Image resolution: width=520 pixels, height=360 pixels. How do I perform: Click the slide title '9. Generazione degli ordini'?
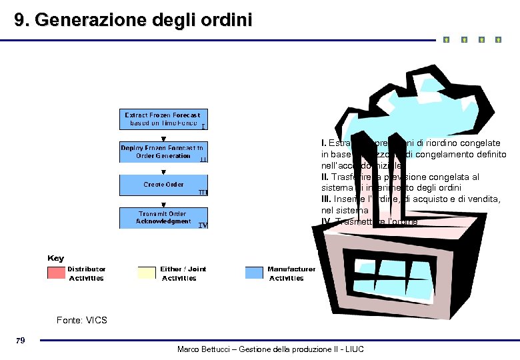[134, 20]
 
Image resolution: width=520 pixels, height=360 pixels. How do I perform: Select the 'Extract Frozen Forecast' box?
[163, 119]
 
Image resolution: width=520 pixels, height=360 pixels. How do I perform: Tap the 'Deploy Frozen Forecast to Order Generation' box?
[163, 152]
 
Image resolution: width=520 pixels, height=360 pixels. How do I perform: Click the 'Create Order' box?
[163, 185]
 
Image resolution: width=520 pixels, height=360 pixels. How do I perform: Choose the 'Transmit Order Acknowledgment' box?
[163, 218]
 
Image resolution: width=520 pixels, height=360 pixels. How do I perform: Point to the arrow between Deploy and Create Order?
[164, 169]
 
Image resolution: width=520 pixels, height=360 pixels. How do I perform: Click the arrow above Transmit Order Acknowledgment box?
[164, 203]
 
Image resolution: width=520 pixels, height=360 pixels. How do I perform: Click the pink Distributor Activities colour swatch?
[56, 273]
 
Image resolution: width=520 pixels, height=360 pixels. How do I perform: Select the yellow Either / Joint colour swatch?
[146, 273]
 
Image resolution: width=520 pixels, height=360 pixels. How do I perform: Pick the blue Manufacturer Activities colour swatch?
[254, 273]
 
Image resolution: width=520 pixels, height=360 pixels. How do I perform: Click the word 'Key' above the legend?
[56, 258]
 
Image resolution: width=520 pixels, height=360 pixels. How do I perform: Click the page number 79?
[20, 341]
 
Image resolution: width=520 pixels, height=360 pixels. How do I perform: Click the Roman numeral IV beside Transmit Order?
[203, 225]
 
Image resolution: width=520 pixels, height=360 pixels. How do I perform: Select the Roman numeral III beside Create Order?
[203, 193]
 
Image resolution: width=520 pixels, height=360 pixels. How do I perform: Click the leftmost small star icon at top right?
[446, 40]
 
